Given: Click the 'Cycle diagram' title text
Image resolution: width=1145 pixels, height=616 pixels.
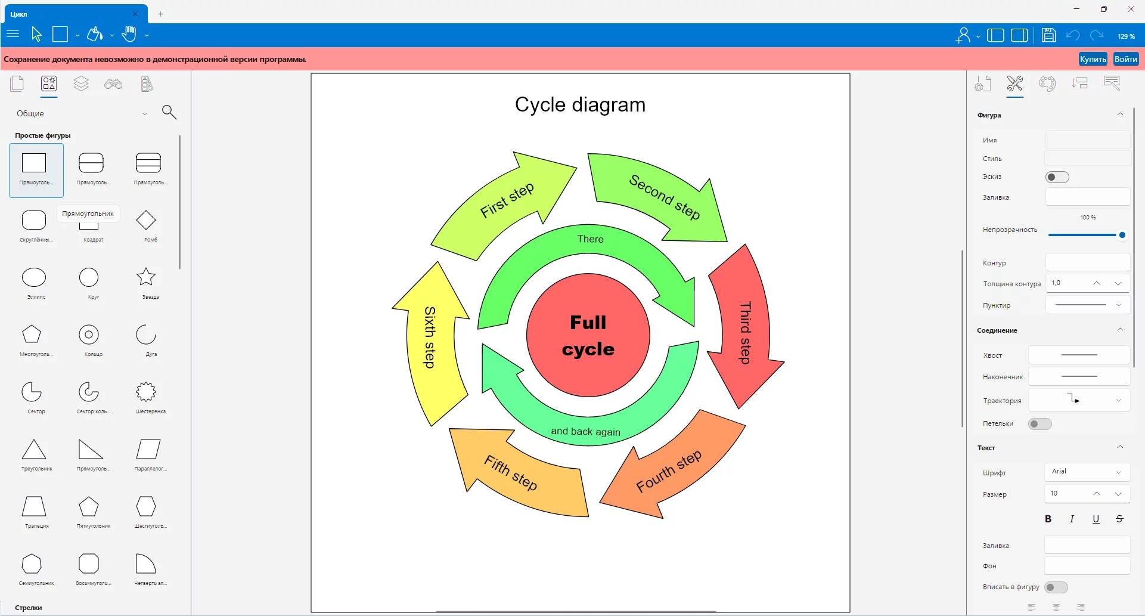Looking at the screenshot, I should (580, 105).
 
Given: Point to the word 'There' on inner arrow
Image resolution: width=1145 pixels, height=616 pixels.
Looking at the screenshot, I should (590, 239).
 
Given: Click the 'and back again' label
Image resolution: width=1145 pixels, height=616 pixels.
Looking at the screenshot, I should (585, 431).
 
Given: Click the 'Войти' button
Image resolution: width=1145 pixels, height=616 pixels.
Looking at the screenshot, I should (1125, 59).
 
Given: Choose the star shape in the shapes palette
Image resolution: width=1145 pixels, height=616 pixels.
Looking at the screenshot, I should (146, 277).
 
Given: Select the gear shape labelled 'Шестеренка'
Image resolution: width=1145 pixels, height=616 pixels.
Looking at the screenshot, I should (146, 392).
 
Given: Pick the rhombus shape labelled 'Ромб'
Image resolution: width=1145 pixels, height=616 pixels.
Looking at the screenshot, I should (146, 220).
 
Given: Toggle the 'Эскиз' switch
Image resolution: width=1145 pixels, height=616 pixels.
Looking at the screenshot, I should (1057, 177).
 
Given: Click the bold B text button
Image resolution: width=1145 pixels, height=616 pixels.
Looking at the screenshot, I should (1048, 519).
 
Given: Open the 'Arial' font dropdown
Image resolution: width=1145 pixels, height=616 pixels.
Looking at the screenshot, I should (1087, 472).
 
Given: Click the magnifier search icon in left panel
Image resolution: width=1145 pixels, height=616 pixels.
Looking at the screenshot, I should (169, 112).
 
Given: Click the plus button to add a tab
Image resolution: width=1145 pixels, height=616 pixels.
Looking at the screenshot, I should (160, 14).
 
